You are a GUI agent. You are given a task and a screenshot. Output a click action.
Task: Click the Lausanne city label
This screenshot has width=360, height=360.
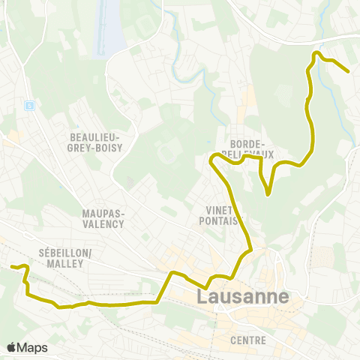tap(242, 296)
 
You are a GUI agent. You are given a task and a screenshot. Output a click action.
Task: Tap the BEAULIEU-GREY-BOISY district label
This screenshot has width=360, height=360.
tap(100, 142)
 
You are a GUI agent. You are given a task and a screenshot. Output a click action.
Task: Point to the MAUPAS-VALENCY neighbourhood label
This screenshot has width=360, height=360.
tap(103, 217)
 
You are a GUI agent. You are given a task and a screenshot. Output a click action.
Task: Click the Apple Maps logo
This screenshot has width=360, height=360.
tap(27, 347)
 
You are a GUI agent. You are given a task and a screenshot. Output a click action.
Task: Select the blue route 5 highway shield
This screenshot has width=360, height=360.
tap(29, 106)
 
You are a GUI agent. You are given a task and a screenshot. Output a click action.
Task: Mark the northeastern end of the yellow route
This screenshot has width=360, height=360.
tap(348, 71)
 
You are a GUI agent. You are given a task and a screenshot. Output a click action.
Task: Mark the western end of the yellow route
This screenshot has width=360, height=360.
tap(11, 266)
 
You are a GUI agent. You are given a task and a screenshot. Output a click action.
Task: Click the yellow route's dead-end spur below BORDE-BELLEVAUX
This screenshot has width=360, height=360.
tap(268, 194)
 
